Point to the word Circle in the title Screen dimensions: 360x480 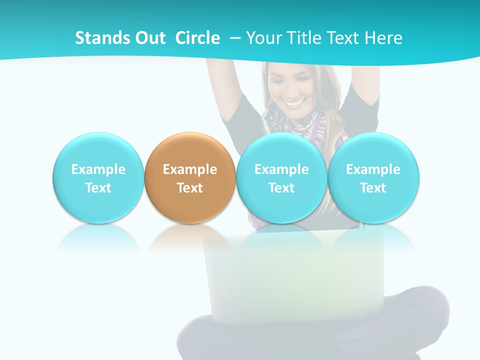197,38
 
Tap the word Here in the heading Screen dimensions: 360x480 384,38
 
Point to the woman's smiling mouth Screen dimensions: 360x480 295,102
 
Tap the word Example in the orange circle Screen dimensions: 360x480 190,169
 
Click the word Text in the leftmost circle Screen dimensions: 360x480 98,188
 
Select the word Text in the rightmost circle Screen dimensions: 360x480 373,188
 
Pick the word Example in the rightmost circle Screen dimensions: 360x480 373,169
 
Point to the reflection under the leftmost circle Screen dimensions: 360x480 98,237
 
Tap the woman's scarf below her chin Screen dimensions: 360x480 295,125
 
